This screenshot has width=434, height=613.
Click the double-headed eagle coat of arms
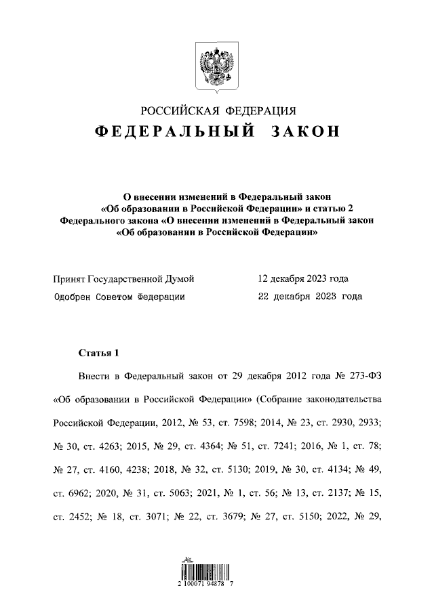point(217,67)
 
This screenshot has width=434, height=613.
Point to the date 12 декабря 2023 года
point(304,278)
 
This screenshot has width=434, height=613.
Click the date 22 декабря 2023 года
point(310,297)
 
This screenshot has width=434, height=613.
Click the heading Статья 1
point(99,353)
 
